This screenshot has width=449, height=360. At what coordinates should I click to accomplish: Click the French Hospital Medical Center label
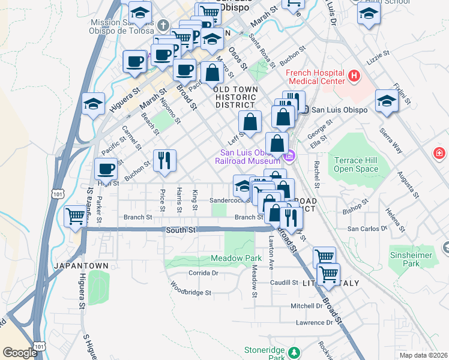tap(316, 77)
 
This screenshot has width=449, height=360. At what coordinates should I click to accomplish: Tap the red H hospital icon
tap(354, 77)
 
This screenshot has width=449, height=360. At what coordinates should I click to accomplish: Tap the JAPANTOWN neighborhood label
tap(80, 265)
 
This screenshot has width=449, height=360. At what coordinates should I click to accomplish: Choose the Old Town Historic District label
tap(236, 97)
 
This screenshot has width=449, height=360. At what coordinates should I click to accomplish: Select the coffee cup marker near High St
tap(106, 169)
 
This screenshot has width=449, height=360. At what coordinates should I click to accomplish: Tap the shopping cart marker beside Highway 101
tap(75, 215)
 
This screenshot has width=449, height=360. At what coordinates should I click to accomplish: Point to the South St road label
tap(181, 230)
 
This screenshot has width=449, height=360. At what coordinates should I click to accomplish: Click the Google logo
tap(20, 353)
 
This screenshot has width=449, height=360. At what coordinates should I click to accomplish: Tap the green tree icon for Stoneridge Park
tap(293, 352)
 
